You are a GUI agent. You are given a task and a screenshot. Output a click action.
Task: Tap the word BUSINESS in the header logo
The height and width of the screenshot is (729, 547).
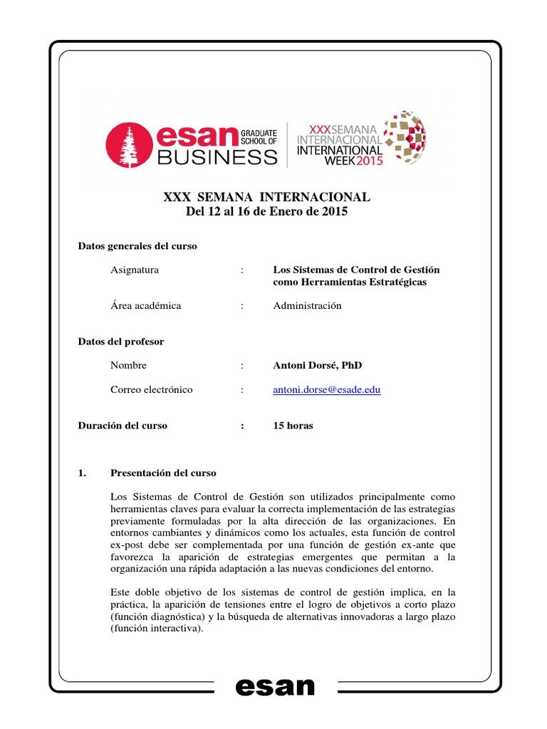(x=219, y=157)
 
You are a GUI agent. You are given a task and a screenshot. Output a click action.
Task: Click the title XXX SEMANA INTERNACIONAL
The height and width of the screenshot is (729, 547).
(x=267, y=196)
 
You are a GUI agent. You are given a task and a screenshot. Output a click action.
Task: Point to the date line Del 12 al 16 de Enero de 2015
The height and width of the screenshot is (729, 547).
(x=266, y=211)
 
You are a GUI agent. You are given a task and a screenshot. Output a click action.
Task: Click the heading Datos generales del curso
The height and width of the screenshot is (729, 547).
(x=137, y=246)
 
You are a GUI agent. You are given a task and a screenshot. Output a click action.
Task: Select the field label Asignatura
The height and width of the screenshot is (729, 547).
(x=135, y=270)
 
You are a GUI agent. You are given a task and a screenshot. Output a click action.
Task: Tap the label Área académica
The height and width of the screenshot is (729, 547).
(x=146, y=305)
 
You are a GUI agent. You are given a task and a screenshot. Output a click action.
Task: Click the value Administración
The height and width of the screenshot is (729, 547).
(x=307, y=305)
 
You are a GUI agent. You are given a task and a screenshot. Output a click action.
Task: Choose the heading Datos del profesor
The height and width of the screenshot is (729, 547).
(x=120, y=341)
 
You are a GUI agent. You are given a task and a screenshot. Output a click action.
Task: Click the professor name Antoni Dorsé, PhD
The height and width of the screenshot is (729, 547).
(x=317, y=365)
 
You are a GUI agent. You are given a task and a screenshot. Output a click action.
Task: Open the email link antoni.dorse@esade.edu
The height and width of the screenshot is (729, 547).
(x=326, y=390)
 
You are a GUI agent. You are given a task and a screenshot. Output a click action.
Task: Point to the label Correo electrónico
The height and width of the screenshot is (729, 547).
(x=152, y=390)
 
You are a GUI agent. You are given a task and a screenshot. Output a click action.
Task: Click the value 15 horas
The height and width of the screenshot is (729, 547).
(x=293, y=426)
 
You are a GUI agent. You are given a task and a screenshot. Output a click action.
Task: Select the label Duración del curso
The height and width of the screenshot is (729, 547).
(x=123, y=426)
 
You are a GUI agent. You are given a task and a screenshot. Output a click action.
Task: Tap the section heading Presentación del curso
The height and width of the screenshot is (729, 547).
(x=163, y=473)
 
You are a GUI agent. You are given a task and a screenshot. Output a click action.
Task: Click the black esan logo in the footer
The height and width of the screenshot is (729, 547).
(x=274, y=687)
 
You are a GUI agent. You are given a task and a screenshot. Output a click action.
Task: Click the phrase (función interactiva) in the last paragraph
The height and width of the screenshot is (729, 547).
(x=157, y=628)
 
